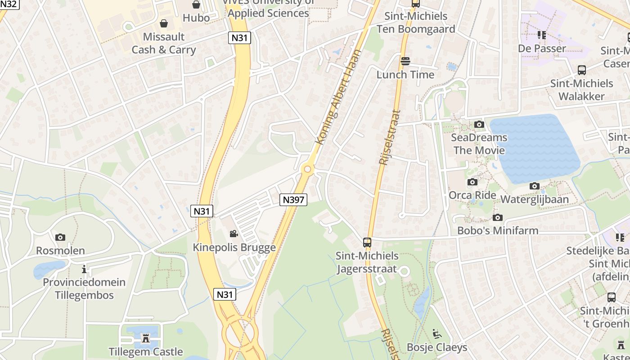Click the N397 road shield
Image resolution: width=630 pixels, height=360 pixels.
click(x=293, y=199)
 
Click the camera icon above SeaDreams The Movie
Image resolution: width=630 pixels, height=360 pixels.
click(x=479, y=124)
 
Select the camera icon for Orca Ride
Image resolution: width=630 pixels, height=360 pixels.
click(x=472, y=182)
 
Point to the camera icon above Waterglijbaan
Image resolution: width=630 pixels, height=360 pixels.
click(x=534, y=186)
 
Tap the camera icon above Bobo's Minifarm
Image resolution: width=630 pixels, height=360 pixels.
click(x=497, y=217)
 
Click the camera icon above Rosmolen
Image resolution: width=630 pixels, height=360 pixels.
click(x=60, y=237)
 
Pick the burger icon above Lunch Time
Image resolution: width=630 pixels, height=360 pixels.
click(x=405, y=61)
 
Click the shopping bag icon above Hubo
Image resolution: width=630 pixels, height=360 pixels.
click(x=196, y=4)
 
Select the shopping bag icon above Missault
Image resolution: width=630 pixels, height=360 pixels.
click(x=164, y=23)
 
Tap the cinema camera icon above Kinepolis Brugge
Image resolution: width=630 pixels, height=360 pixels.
click(x=234, y=234)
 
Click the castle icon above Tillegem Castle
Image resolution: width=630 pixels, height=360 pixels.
click(x=145, y=338)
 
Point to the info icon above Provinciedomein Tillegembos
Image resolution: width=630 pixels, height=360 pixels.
click(x=84, y=269)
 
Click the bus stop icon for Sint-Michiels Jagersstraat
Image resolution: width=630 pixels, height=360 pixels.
click(x=367, y=242)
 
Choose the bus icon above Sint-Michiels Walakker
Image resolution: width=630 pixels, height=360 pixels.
click(x=581, y=70)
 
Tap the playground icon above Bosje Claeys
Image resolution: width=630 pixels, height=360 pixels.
click(x=436, y=333)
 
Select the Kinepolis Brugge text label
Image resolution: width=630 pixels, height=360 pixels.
click(x=234, y=247)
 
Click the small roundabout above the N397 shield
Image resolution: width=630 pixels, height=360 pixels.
click(x=308, y=169)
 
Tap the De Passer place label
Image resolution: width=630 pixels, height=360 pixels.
click(x=542, y=48)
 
